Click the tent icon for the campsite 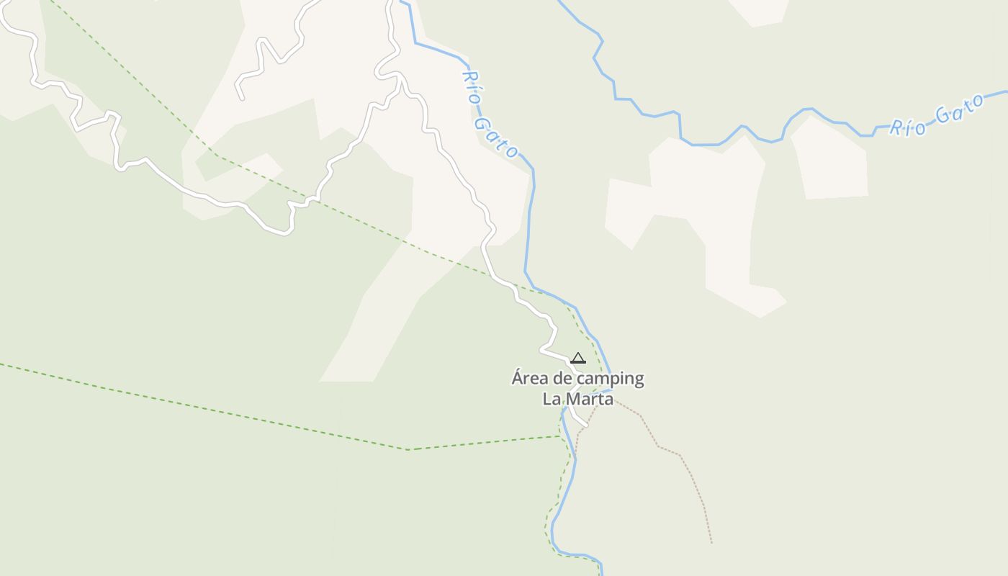pos(578,358)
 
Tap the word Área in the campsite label pos(531,378)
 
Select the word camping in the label pos(610,379)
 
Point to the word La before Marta pos(551,399)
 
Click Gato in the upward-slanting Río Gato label pos(959,110)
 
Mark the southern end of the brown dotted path pos(711,543)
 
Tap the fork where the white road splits pos(398,76)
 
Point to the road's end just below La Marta pos(585,426)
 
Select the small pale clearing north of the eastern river pos(760,11)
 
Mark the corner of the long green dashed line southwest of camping pos(409,449)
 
